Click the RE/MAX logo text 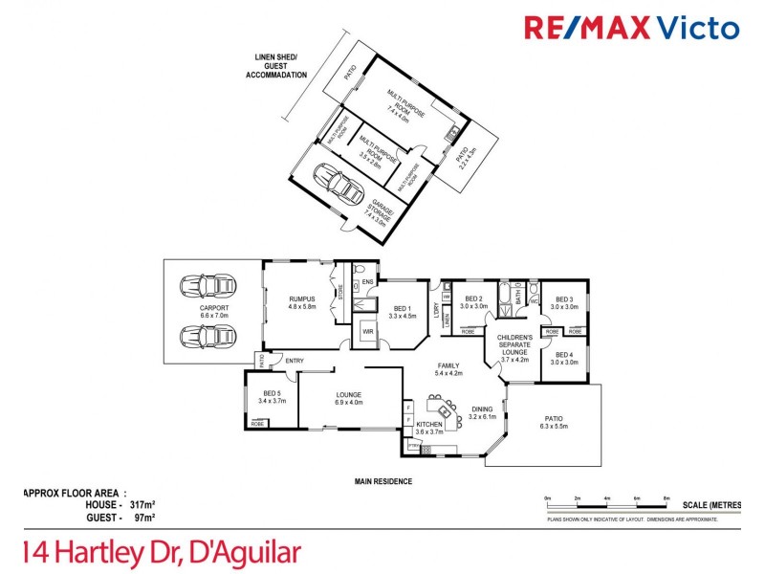click(631, 27)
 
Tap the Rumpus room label click(302, 302)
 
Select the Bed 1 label click(403, 311)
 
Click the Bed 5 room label click(273, 397)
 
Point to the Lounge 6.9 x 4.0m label click(349, 397)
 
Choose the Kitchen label click(428, 428)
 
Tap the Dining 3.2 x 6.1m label click(481, 412)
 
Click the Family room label click(448, 369)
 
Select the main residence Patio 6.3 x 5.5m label click(553, 422)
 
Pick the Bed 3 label click(564, 303)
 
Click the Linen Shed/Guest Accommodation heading click(272, 65)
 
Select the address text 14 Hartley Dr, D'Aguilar click(161, 552)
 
